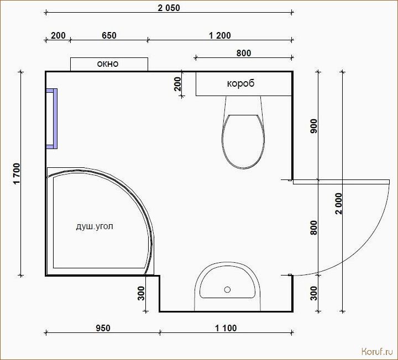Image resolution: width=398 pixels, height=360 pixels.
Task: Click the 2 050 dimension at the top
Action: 169,8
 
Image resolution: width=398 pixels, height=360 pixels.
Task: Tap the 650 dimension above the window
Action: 109,35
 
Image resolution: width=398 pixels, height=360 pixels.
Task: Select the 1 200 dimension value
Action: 220,35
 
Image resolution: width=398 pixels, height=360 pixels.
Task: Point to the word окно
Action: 108,63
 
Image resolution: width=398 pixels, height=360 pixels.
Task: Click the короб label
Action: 240,83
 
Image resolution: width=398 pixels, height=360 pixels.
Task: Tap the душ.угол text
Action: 95,226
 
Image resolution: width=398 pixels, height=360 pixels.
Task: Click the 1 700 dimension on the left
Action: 17,174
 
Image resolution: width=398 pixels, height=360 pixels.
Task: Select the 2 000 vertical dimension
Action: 339,204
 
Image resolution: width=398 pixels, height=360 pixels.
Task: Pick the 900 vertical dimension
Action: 314,126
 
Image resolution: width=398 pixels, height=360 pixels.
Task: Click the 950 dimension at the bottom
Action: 103,328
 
